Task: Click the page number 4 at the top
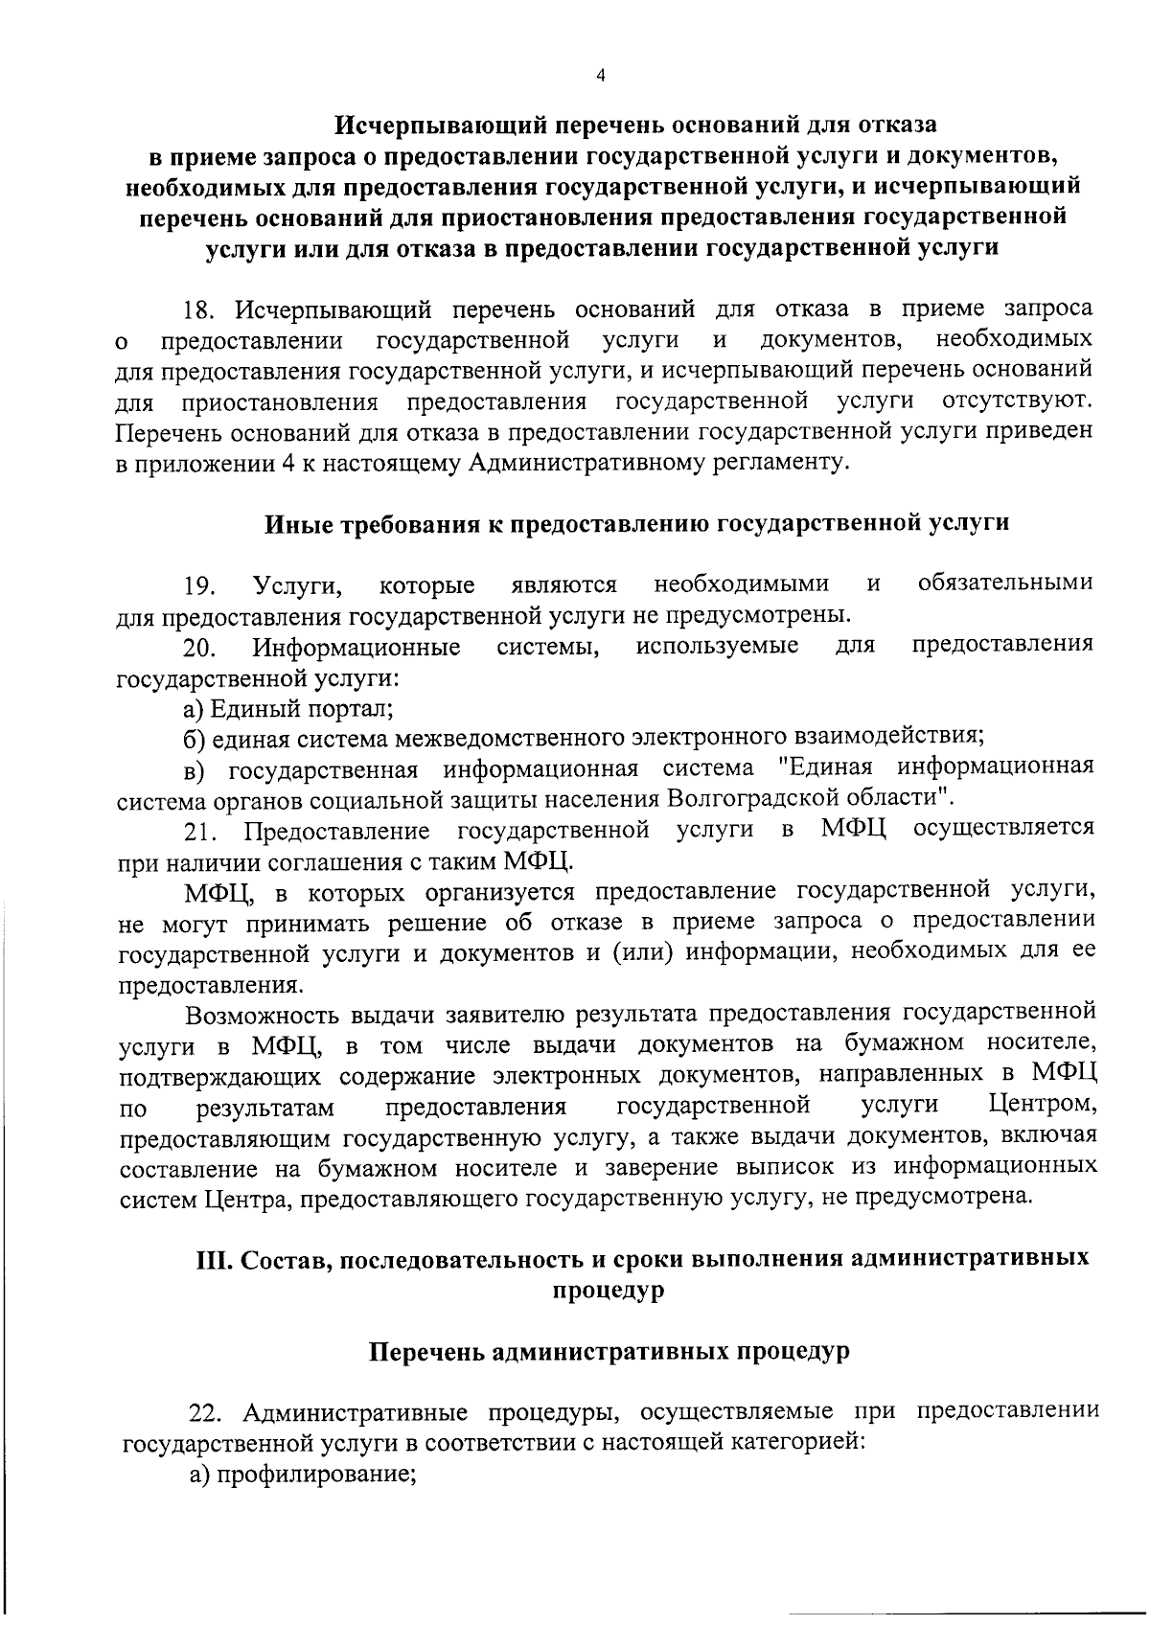(600, 78)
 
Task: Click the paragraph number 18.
(200, 310)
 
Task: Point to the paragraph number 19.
(200, 585)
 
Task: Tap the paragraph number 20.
(200, 648)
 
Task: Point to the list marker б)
(195, 738)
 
